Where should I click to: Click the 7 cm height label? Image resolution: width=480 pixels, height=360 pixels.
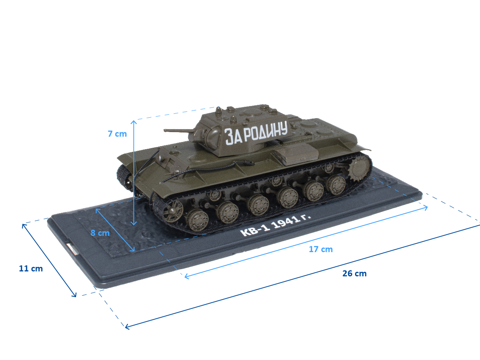pyautogui.click(x=117, y=134)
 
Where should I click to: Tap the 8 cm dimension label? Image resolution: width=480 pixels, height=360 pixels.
pyautogui.click(x=100, y=233)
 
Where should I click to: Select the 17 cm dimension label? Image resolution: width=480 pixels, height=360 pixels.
pyautogui.click(x=321, y=249)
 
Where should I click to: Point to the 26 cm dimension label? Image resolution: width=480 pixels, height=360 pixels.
pyautogui.click(x=354, y=273)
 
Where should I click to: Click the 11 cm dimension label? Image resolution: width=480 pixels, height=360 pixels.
pyautogui.click(x=31, y=269)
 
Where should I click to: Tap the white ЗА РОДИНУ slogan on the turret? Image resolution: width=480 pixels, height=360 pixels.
pyautogui.click(x=256, y=133)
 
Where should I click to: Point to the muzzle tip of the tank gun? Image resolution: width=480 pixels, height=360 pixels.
pyautogui.click(x=165, y=131)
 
